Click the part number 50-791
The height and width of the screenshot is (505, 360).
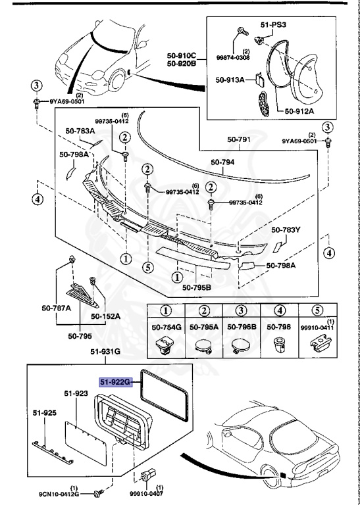tap(239, 139)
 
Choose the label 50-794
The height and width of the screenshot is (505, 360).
tap(222, 162)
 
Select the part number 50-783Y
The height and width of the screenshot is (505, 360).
tap(286, 229)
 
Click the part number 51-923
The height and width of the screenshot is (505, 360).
tap(76, 393)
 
